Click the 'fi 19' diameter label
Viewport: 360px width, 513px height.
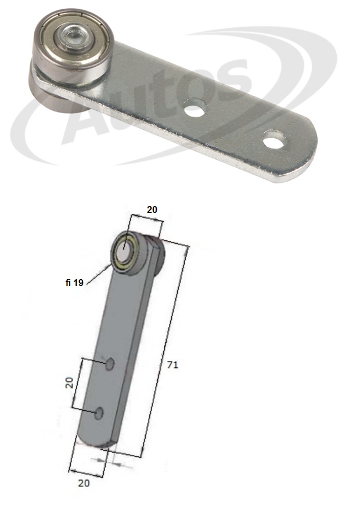(x=74, y=283)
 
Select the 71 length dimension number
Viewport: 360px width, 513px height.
(x=172, y=364)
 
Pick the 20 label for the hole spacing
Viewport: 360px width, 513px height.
(x=69, y=382)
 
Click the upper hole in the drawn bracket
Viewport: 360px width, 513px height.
(x=109, y=364)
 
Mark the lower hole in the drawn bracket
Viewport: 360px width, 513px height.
(x=99, y=413)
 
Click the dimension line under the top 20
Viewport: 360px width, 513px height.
(x=146, y=220)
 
